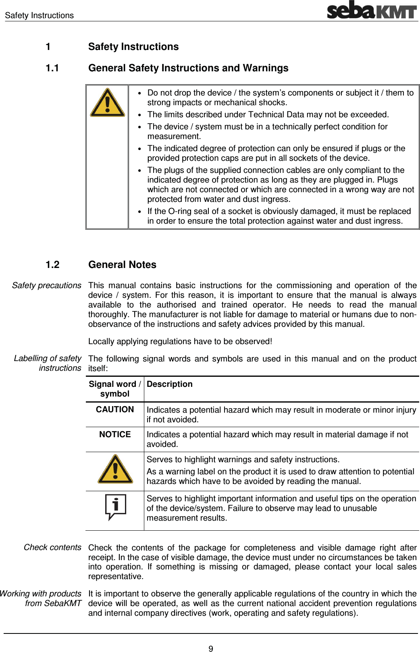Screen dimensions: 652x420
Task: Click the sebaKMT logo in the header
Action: click(x=371, y=10)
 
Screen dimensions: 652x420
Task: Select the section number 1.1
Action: click(x=52, y=68)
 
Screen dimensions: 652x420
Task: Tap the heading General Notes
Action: click(x=122, y=265)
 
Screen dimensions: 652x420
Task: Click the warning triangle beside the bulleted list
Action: click(x=107, y=103)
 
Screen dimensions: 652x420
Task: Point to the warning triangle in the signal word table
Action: click(x=115, y=469)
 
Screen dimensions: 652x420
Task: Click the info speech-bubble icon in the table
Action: click(x=115, y=507)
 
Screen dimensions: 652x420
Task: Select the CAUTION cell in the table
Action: click(x=115, y=409)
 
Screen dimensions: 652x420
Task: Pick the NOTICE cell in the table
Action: click(x=115, y=434)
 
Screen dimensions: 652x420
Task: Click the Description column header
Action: click(x=170, y=384)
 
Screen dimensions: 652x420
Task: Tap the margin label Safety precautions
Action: click(x=47, y=285)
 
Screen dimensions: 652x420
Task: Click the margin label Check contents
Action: click(x=52, y=547)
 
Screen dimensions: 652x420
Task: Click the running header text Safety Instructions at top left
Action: click(x=40, y=15)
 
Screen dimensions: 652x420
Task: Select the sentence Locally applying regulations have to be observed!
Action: click(x=180, y=341)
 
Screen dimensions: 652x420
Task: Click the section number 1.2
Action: click(x=52, y=265)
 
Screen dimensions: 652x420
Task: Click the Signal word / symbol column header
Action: click(x=115, y=389)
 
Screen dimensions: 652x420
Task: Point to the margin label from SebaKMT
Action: click(x=53, y=603)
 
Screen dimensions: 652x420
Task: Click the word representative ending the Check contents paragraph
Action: click(x=115, y=576)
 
